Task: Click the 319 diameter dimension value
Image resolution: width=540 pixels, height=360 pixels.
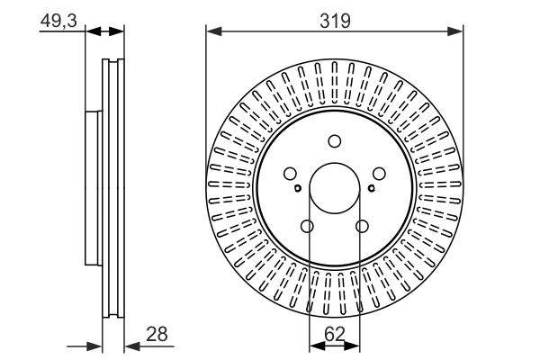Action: click(335, 19)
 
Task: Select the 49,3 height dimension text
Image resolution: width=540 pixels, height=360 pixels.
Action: click(57, 19)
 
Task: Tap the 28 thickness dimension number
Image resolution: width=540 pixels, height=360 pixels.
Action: click(157, 334)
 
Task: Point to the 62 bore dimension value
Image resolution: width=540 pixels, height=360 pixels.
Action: click(335, 334)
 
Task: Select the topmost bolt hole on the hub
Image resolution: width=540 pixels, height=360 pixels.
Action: click(335, 140)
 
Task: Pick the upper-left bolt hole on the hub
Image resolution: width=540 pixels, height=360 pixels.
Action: click(290, 175)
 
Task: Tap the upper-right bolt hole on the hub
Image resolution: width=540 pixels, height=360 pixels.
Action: click(380, 175)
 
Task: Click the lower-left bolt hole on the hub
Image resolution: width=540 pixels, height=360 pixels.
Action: click(307, 227)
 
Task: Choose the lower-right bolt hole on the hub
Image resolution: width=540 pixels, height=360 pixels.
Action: click(363, 227)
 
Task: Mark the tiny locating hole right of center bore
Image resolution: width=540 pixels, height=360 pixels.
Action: click(371, 188)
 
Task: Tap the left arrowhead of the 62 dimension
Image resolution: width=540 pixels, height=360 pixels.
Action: click(314, 346)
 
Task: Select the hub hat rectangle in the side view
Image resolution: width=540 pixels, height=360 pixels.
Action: click(94, 188)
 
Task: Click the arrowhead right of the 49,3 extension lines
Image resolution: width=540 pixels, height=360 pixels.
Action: click(115, 31)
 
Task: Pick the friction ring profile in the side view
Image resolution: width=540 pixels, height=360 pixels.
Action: click(112, 188)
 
